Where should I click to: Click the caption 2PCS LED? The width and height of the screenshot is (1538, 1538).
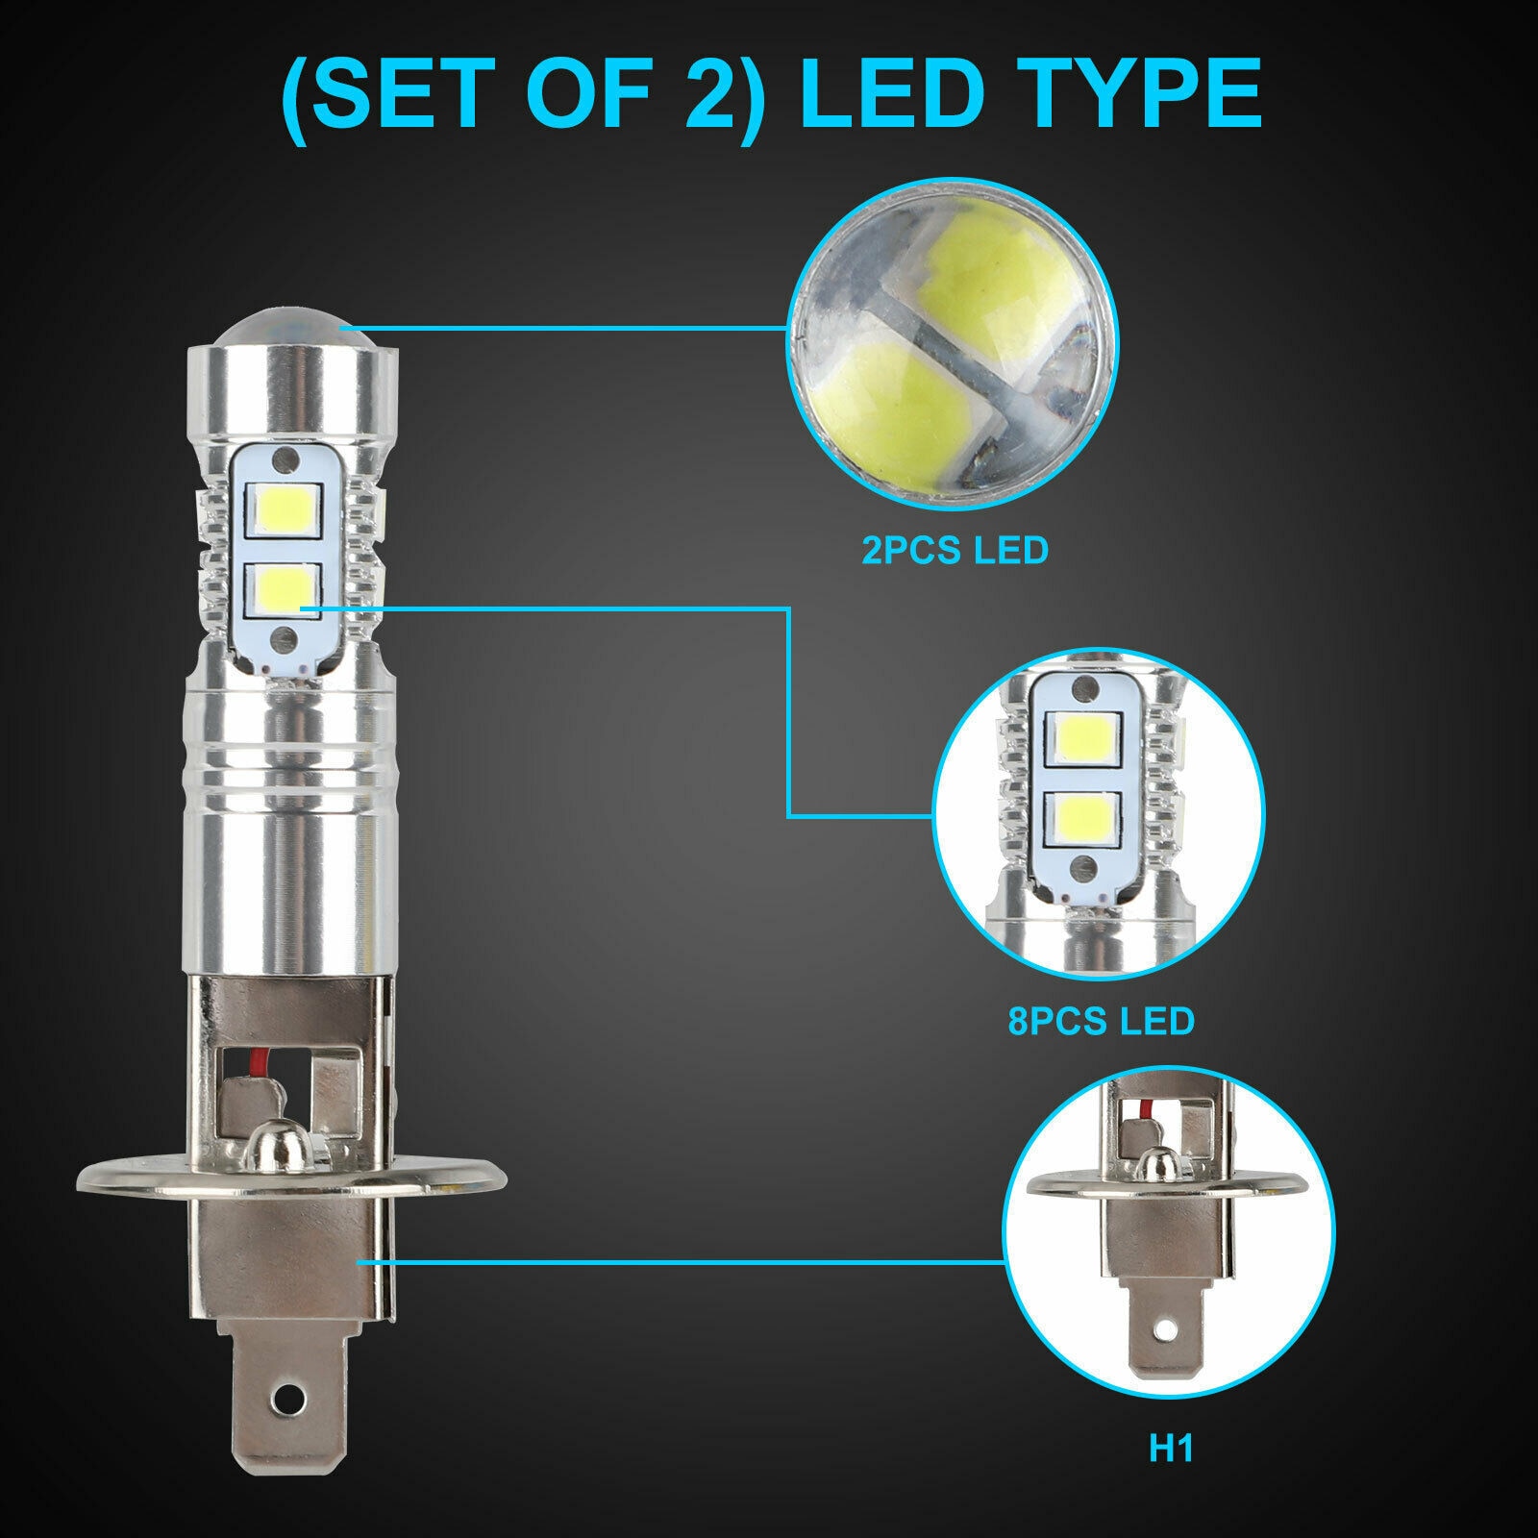tap(954, 552)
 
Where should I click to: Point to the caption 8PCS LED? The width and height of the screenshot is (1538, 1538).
tap(1101, 1020)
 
